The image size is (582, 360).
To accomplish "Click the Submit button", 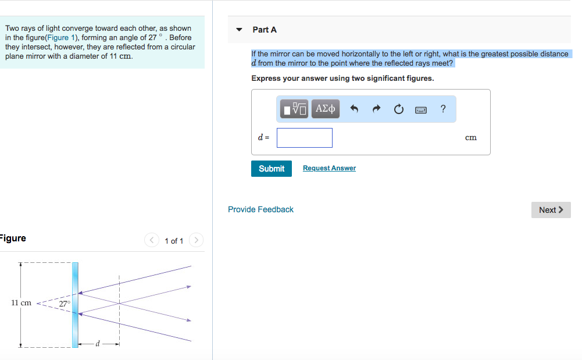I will tap(271, 169).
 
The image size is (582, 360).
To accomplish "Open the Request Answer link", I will tap(329, 168).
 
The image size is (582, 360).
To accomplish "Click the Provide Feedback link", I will tap(260, 209).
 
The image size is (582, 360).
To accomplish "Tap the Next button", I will tap(551, 210).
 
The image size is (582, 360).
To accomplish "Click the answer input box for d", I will tap(304, 138).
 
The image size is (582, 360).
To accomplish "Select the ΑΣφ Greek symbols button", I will tap(326, 109).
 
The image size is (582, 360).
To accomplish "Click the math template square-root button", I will tap(294, 109).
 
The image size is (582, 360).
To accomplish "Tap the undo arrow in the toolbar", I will tap(355, 109).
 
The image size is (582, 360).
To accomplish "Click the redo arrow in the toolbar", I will tap(376, 109).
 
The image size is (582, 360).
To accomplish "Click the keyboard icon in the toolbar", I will tap(421, 109).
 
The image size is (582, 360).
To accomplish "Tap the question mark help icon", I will tap(443, 109).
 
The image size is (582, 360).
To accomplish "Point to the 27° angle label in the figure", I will tap(65, 304).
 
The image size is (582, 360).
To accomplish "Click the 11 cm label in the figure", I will tap(22, 303).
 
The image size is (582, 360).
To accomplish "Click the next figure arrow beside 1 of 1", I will tap(197, 240).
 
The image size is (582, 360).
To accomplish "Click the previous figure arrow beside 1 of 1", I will tap(151, 240).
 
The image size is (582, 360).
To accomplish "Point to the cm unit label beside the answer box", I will tap(470, 138).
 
